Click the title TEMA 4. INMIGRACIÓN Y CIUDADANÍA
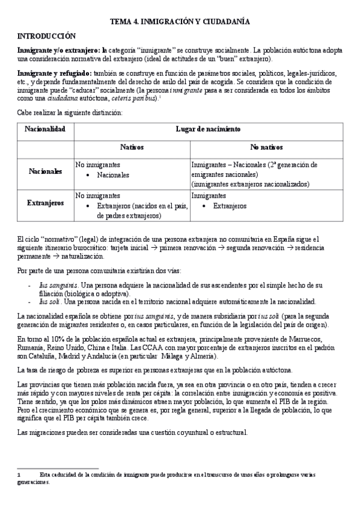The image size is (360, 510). pyautogui.click(x=180, y=22)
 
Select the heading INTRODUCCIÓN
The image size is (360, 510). pyautogui.click(x=47, y=36)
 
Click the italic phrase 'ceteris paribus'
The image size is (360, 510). pyautogui.click(x=136, y=98)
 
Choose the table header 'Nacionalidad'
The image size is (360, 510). pyautogui.click(x=45, y=129)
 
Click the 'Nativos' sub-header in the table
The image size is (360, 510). pyautogui.click(x=132, y=147)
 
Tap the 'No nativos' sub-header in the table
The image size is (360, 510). pyautogui.click(x=266, y=147)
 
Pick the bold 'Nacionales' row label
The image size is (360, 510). pyautogui.click(x=45, y=171)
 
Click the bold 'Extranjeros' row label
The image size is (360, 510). pyautogui.click(x=45, y=203)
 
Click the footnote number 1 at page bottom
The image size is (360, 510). pyautogui.click(x=19, y=475)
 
